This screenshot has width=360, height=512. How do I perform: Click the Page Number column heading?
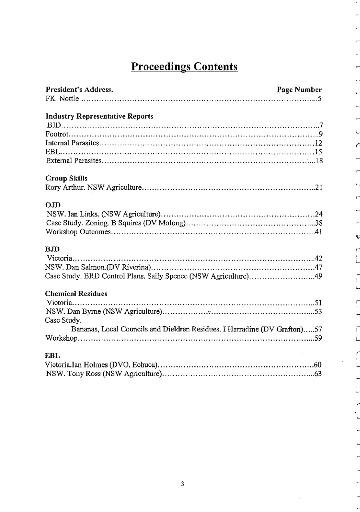(x=299, y=90)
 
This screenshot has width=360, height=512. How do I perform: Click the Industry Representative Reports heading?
(x=100, y=116)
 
